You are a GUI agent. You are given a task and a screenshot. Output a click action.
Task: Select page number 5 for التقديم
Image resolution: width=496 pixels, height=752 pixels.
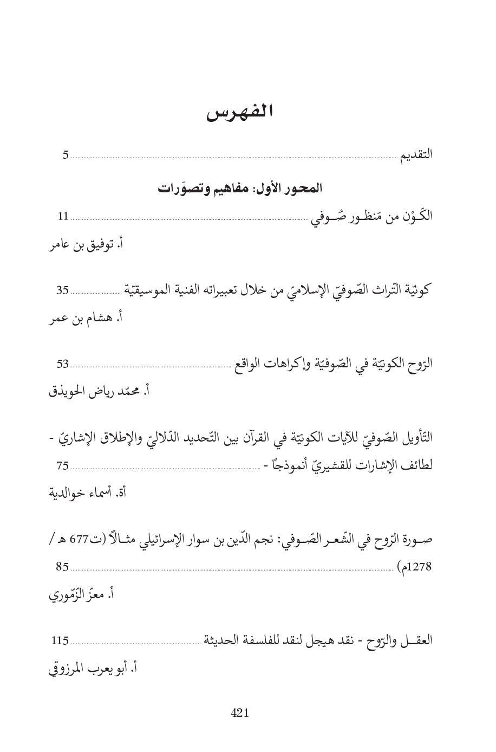point(66,156)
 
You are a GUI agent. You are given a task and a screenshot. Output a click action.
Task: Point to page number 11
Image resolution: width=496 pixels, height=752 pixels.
point(63,217)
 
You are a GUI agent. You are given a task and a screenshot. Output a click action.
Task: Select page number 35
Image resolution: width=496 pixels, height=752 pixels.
point(63,290)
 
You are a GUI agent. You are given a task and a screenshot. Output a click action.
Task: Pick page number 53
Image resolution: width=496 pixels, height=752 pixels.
point(63,363)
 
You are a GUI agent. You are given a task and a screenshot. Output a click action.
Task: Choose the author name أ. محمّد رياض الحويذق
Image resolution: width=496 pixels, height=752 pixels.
point(99,390)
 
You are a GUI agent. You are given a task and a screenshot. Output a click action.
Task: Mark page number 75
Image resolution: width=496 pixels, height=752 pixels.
point(63,465)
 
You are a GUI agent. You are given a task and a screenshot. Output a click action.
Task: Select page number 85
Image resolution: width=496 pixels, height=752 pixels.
point(63,568)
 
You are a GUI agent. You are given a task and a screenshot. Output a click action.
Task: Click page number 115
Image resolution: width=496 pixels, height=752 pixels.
point(60,641)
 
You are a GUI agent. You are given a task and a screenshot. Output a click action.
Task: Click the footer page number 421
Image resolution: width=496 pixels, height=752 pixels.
point(240,714)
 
